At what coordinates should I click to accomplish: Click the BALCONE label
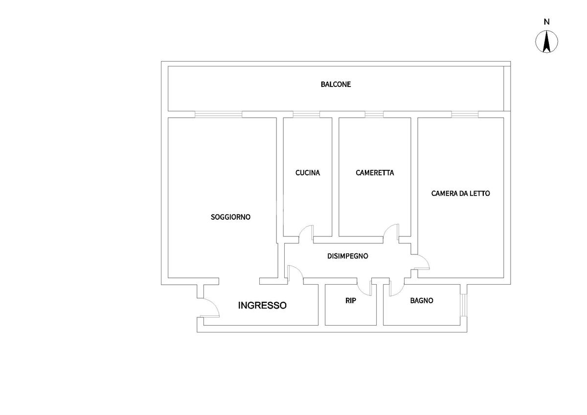(x=336, y=84)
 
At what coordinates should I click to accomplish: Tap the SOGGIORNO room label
(x=230, y=217)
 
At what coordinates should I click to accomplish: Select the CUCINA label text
(x=308, y=173)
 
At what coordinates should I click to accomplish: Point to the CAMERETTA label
(x=375, y=173)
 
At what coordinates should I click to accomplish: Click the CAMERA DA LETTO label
(x=460, y=193)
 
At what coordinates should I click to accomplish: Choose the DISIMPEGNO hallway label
(x=347, y=256)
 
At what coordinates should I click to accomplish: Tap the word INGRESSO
(x=262, y=306)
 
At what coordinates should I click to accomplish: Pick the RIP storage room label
(x=351, y=301)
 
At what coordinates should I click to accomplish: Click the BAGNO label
(x=421, y=301)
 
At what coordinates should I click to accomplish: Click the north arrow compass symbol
(x=547, y=41)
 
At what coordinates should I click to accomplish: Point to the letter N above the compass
(x=547, y=21)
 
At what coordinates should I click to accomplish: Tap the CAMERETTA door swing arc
(x=391, y=231)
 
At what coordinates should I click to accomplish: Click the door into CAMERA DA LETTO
(x=422, y=262)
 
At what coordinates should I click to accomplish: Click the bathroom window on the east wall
(x=463, y=305)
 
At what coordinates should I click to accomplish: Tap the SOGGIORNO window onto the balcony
(x=218, y=115)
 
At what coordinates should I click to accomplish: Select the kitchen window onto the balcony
(x=306, y=115)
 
